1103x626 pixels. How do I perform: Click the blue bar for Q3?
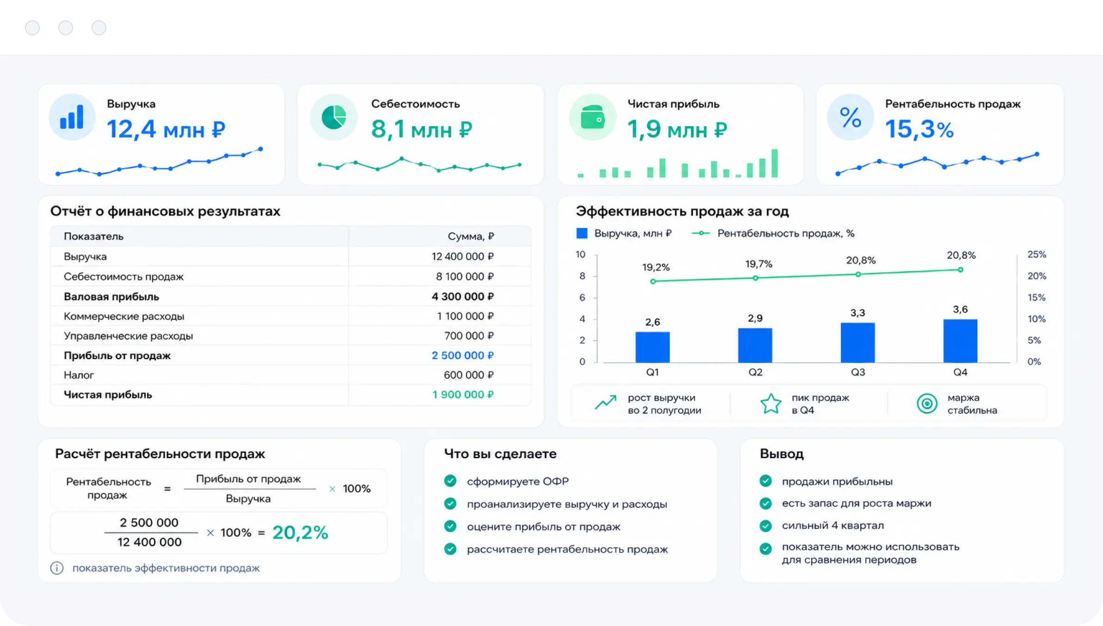(858, 343)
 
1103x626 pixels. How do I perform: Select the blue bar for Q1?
(652, 347)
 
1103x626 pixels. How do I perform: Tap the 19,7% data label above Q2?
(759, 264)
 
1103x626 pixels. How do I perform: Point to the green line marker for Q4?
(960, 270)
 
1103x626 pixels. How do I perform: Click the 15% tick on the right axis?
(1036, 297)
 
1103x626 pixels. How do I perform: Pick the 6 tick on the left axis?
(582, 297)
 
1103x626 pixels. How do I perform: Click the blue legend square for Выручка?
(582, 233)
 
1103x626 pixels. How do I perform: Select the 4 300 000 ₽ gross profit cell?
(462, 296)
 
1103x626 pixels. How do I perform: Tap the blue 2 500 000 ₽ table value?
(462, 355)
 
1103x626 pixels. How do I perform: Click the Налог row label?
(79, 375)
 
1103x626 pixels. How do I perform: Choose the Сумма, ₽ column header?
(471, 236)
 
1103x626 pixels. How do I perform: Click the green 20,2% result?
(300, 532)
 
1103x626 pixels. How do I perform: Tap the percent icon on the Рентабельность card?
(850, 117)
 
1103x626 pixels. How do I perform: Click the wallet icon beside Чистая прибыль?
(593, 117)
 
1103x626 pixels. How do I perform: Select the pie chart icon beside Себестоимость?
(334, 117)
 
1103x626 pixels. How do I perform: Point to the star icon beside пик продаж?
(771, 404)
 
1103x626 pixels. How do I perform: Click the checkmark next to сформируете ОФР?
(450, 481)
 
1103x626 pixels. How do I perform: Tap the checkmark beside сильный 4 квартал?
(766, 526)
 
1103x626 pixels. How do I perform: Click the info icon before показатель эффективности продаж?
(57, 568)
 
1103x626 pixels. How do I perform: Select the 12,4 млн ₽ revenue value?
(166, 129)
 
